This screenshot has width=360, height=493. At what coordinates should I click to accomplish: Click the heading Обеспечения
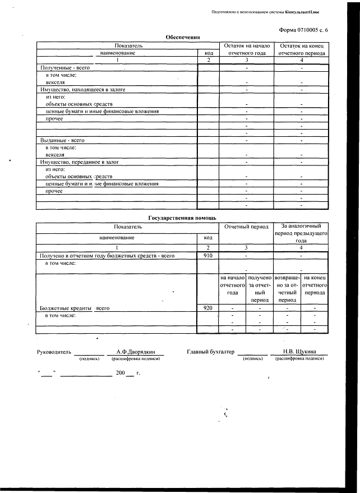pos(183,37)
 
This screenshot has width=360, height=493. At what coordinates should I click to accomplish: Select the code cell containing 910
pos(207,255)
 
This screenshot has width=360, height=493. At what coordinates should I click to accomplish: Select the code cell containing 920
pos(207,308)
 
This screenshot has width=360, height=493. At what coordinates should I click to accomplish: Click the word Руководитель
pos(54,352)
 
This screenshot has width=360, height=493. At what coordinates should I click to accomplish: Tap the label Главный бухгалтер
pos(210,352)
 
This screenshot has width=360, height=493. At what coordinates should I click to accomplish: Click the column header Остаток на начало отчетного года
pos(247,49)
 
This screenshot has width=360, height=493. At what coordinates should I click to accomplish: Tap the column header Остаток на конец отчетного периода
pos(302,49)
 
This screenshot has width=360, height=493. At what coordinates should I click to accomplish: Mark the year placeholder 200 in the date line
pos(120,373)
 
